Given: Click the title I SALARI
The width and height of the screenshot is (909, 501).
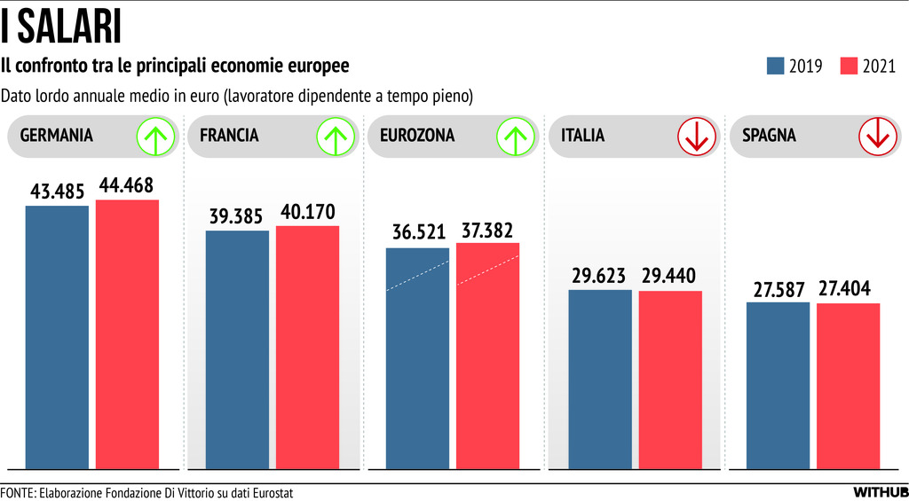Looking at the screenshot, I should [x=61, y=27].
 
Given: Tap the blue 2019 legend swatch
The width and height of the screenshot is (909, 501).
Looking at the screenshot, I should [x=775, y=66].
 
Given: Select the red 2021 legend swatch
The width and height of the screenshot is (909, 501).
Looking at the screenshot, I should [x=848, y=66].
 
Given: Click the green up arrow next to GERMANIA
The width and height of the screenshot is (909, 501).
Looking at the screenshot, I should [x=154, y=137].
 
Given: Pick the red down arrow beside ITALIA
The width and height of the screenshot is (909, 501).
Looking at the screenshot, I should [x=696, y=137].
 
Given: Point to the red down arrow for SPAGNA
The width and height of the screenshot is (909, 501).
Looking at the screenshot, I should [x=877, y=137].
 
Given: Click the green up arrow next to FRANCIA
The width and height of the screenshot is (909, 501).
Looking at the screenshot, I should [x=335, y=137].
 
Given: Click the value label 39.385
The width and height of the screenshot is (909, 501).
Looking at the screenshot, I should [x=237, y=216].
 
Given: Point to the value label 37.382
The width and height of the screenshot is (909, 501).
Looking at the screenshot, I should [x=487, y=230].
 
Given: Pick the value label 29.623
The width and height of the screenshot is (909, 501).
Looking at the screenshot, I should [x=601, y=276].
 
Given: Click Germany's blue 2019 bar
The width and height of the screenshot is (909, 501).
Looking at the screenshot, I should [x=57, y=337].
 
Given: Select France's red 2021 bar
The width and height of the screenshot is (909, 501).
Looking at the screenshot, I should [x=307, y=346].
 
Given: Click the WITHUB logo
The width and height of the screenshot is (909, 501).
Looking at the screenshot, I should [x=880, y=492].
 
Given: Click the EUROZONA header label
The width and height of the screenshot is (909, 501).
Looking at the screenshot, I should [x=417, y=136].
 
